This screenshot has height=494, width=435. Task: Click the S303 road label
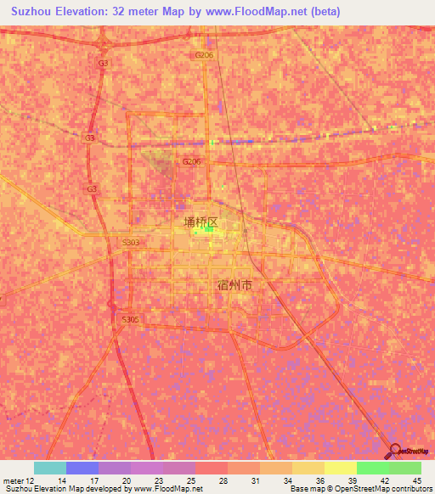130,242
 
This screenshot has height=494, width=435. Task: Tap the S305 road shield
130,319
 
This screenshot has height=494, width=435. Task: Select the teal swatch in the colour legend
50,468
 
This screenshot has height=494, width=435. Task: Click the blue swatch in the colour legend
82,468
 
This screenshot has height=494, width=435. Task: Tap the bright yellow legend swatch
341,468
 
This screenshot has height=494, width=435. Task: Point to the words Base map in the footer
307,489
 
